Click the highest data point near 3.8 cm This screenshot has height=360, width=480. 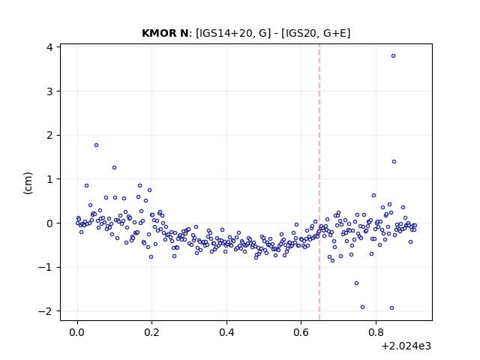tap(393, 55)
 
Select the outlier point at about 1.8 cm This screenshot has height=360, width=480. tap(96, 145)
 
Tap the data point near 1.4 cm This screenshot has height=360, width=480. tap(394, 162)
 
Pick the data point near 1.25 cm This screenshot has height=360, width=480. tap(114, 168)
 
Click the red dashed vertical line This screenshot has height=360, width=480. tap(319, 182)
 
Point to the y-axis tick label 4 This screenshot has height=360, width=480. tap(49, 47)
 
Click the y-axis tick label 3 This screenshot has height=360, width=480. tap(49, 91)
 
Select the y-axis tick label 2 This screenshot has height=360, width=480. tap(49, 135)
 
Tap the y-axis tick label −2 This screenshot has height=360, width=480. tap(45, 311)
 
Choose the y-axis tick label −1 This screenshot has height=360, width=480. tap(45, 267)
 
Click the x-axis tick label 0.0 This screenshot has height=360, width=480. tap(77, 332)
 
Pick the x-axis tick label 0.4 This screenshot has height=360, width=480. tap(226, 332)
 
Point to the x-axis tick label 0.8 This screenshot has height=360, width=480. tap(376, 332)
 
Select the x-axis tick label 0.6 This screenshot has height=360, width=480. tap(301, 332)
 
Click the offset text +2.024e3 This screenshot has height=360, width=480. tap(406, 346)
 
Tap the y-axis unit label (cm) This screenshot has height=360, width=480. tap(28, 183)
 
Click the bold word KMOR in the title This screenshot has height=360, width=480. tap(157, 33)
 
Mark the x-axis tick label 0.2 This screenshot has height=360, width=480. tap(151, 332)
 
